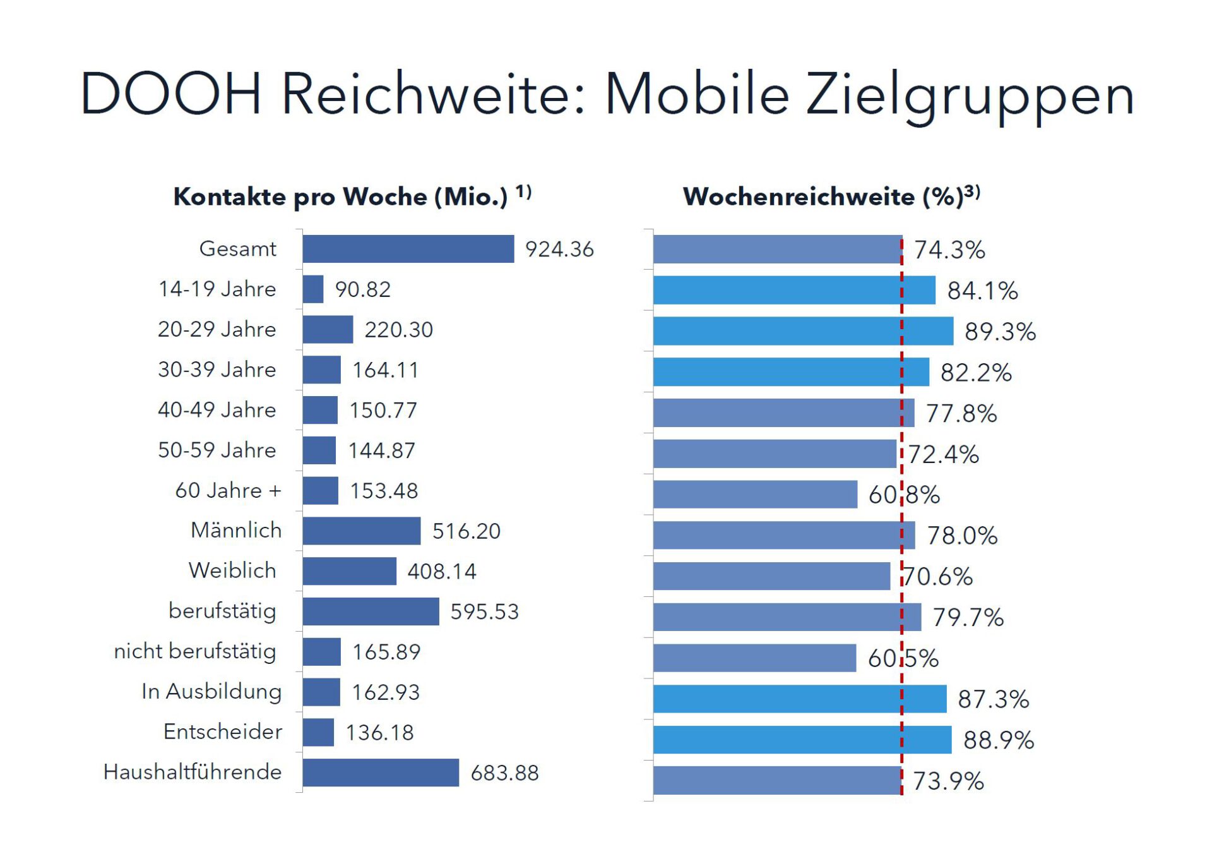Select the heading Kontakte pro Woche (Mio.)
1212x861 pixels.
point(341,197)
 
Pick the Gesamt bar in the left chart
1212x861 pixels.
point(408,249)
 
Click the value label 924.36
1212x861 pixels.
point(559,250)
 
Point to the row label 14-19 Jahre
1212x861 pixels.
point(217,289)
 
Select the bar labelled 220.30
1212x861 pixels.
point(328,330)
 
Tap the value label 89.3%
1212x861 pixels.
point(1000,332)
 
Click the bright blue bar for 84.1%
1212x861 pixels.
point(793,291)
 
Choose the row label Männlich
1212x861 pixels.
point(236,531)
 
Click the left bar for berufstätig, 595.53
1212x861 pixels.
point(371,611)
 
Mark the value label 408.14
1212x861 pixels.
point(441,572)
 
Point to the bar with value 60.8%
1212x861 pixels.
point(755,495)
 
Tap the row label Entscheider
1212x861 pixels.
point(222,732)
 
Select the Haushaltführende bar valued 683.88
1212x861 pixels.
point(381,773)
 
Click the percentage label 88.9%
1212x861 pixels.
point(998,740)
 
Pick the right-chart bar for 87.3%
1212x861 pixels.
point(799,699)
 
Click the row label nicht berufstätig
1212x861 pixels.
point(195,651)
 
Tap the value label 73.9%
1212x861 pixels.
point(948,781)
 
